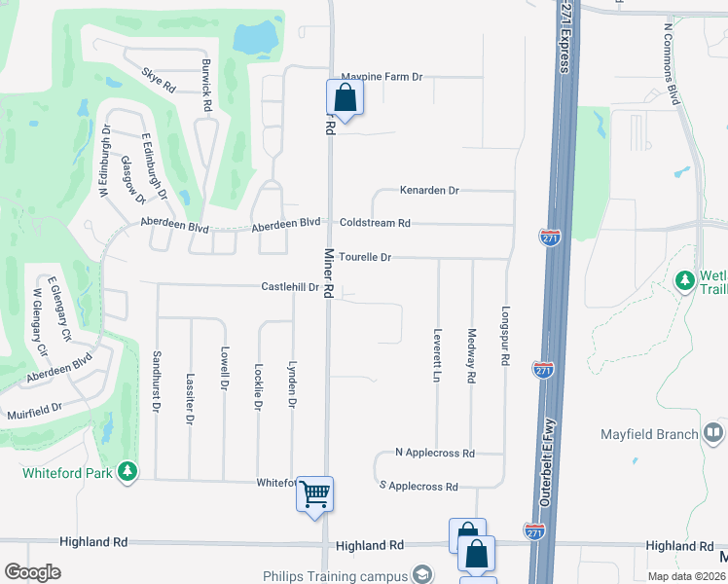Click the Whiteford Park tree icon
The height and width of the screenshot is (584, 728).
click(x=127, y=472)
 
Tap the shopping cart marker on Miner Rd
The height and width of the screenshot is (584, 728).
click(x=314, y=493)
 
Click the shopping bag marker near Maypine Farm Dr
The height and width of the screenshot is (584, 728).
click(x=345, y=96)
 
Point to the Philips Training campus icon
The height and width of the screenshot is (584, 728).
click(x=422, y=574)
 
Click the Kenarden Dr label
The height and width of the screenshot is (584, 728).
click(x=428, y=191)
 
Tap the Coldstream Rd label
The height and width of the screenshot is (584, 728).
click(x=375, y=223)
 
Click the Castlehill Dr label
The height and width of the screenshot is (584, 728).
click(x=290, y=287)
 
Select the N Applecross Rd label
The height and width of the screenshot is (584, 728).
click(x=435, y=454)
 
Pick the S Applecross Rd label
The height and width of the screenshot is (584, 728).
click(x=419, y=486)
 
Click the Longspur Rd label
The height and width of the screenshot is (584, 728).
click(x=505, y=337)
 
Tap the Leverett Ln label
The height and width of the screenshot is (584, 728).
click(x=438, y=354)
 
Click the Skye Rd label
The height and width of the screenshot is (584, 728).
click(x=158, y=80)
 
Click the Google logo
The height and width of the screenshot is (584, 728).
click(x=32, y=571)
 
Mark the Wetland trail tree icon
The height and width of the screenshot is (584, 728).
click(x=685, y=280)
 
